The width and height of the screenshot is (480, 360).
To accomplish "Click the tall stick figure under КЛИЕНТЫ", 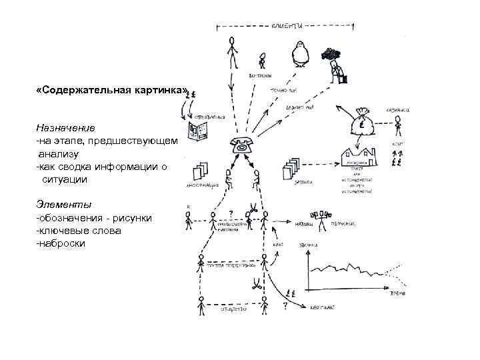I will click(232, 52).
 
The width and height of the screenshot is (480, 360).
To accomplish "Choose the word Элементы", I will click(64, 204).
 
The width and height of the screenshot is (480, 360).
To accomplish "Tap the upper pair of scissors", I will click(254, 208).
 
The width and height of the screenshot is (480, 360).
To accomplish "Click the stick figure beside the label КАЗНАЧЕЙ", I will click(398, 126).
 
